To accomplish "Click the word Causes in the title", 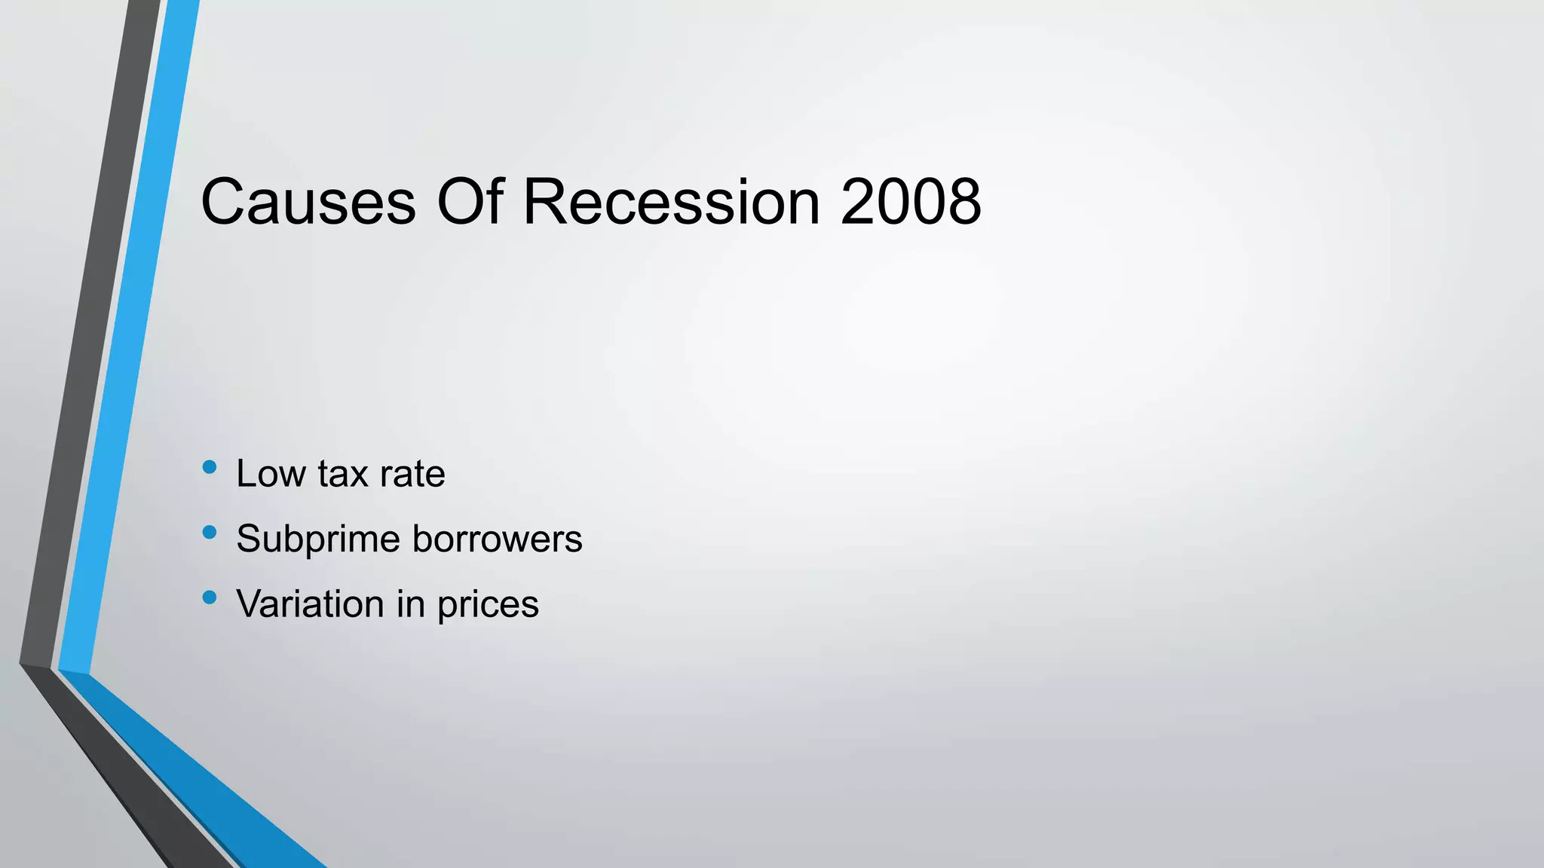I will coord(308,202).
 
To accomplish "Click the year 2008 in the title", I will coord(911,202).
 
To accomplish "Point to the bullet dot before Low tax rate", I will coord(210,468).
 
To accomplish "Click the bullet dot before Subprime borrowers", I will coord(210,533).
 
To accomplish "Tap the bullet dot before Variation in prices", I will coord(210,598).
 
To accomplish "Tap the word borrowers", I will coord(498,539).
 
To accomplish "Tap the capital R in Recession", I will coord(546,202).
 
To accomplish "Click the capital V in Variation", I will coord(250,604).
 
